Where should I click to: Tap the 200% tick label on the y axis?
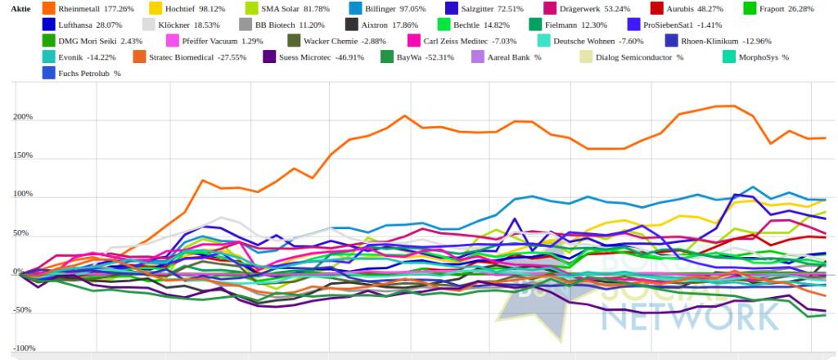pos(23,117)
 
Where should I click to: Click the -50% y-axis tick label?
pos(22,310)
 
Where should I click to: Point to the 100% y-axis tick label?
pos(23,195)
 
